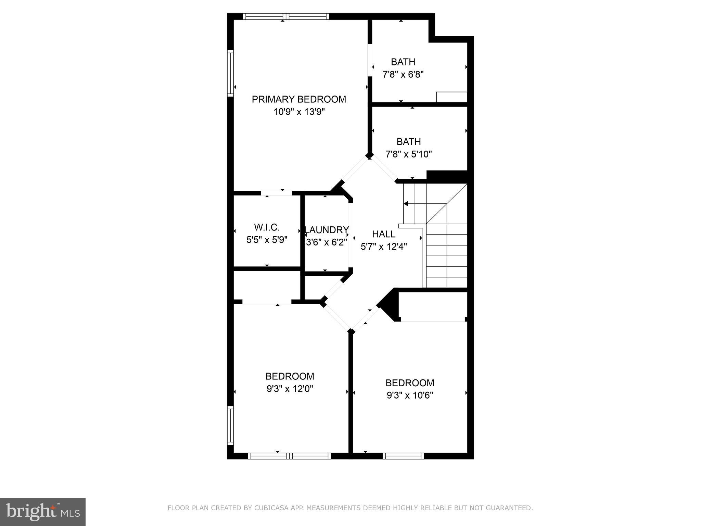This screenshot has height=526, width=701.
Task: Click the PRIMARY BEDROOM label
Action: [299, 99]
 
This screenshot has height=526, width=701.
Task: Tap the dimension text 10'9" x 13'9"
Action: [299, 112]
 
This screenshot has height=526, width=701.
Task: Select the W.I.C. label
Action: [267, 227]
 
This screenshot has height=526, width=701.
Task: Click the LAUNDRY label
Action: [327, 230]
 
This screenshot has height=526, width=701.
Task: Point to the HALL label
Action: [384, 234]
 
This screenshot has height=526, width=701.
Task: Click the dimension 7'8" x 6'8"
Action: [403, 74]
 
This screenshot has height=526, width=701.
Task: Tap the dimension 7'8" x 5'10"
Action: [409, 154]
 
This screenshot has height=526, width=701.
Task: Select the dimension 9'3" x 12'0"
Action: [290, 389]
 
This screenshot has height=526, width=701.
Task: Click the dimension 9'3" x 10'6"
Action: [410, 395]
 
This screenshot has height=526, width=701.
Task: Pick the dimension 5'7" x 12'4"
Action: [384, 247]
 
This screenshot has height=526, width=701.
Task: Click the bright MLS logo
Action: [43, 512]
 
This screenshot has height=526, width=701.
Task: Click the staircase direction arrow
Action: [406, 204]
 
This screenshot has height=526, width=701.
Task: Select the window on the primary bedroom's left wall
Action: [231, 73]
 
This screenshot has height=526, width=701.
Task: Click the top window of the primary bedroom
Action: [286, 16]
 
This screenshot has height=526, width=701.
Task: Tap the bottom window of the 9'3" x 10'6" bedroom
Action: [403, 456]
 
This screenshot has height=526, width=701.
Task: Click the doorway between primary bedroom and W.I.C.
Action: [277, 193]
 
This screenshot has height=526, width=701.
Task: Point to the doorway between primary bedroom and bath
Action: [370, 60]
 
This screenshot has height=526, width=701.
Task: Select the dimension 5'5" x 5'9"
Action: [267, 239]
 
